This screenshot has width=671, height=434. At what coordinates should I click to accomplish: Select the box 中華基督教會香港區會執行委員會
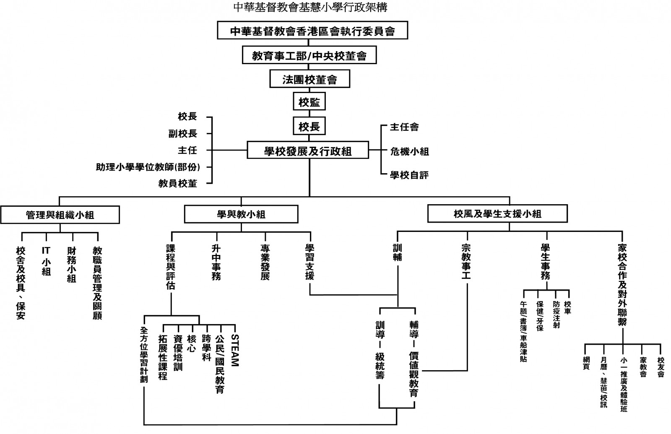pyautogui.click(x=312, y=31)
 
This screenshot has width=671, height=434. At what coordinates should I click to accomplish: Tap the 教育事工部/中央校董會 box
pyautogui.click(x=309, y=55)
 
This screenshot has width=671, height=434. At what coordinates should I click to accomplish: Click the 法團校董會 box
pyautogui.click(x=309, y=79)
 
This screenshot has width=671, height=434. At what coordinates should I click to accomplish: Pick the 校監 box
pyautogui.click(x=309, y=102)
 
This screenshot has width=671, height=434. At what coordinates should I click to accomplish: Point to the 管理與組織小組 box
pyautogui.click(x=60, y=215)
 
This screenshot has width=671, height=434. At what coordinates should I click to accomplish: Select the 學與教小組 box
pyautogui.click(x=241, y=214)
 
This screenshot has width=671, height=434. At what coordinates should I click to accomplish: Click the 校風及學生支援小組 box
pyautogui.click(x=497, y=214)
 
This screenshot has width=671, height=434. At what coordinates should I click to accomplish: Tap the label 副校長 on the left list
pyautogui.click(x=182, y=134)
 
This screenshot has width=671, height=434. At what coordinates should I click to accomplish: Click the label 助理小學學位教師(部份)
pyautogui.click(x=148, y=167)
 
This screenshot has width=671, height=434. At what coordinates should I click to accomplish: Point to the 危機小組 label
pyautogui.click(x=409, y=151)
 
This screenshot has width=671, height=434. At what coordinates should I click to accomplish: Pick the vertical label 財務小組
pyautogui.click(x=72, y=264)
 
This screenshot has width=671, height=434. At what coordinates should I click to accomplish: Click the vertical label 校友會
pyautogui.click(x=661, y=361)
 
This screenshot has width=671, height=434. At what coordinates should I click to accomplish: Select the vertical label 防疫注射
pyautogui.click(x=556, y=314)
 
